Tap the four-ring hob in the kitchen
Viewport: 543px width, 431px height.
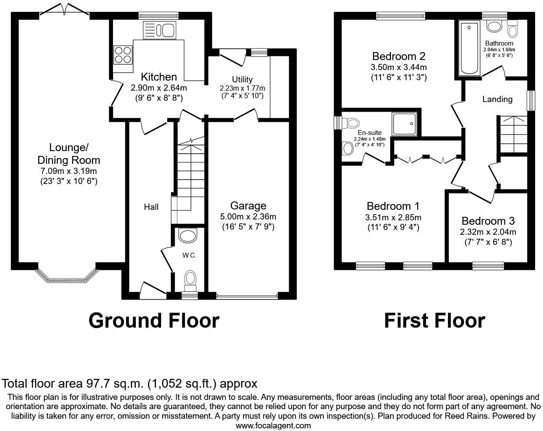point(123,55)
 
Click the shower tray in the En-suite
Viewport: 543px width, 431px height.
point(405,123)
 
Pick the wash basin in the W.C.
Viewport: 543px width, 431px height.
point(188,236)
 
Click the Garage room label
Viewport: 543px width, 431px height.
point(248,205)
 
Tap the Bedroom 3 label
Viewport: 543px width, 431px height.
point(488,221)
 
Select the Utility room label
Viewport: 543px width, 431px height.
point(242,79)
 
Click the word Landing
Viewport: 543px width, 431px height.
point(497,99)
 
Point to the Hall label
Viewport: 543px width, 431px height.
point(151,207)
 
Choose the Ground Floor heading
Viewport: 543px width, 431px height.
point(154,321)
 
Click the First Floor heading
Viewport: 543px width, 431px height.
point(434,321)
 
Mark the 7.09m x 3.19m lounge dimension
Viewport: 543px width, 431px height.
point(68,171)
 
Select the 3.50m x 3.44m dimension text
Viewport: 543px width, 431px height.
point(398,67)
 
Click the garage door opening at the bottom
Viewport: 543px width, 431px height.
point(247,296)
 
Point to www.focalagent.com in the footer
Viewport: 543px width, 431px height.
point(273,425)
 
